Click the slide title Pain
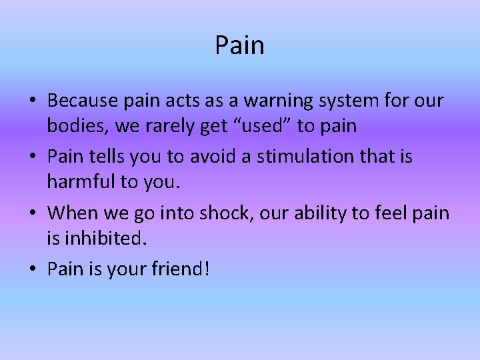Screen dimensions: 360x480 tap(239, 45)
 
